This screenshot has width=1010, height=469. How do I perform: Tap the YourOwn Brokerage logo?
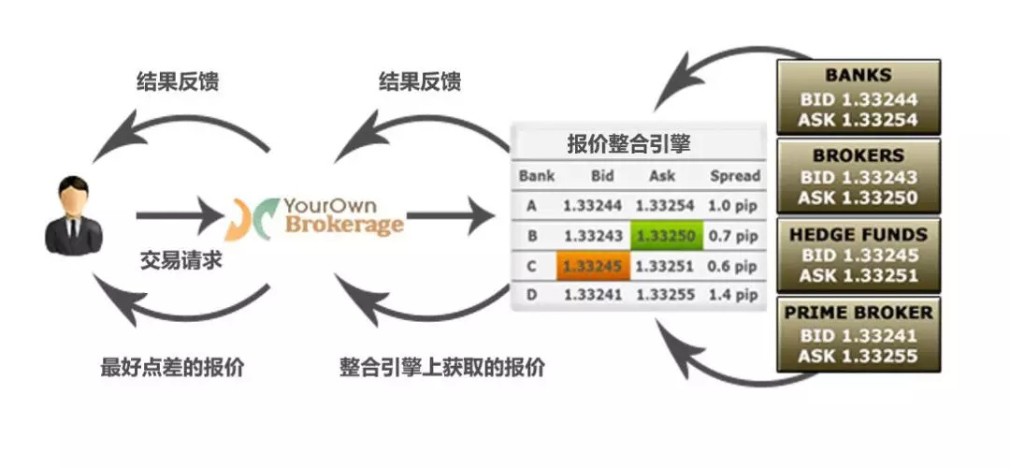(315, 216)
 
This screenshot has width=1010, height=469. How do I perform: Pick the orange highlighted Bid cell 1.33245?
(593, 266)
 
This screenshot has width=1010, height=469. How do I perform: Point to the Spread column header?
(735, 176)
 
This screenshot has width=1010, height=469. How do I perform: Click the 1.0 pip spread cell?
(735, 205)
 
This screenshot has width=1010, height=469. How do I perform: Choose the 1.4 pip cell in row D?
(735, 296)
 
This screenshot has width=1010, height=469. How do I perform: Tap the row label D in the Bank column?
(531, 296)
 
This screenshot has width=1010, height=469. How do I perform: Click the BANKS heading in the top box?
(858, 75)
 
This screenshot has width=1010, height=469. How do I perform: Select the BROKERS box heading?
(858, 155)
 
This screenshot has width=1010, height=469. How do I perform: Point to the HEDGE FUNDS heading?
(858, 235)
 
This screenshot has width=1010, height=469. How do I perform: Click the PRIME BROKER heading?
(858, 313)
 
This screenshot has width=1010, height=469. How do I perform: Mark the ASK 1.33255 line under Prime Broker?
(858, 356)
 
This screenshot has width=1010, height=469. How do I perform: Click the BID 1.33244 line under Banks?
(858, 99)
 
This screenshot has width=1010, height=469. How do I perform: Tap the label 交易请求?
(181, 261)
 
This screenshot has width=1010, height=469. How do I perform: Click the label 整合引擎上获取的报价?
(441, 367)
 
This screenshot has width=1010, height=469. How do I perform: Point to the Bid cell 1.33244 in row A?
(593, 205)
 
